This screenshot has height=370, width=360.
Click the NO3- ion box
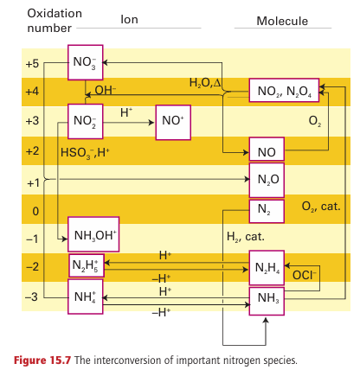tap(86, 62)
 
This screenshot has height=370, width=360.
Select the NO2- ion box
tap(86, 121)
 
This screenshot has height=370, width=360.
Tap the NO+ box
tap(173, 122)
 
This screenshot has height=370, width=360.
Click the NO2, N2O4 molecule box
tap(284, 90)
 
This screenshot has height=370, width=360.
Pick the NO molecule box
tap(267, 149)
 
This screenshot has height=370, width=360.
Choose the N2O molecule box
tap(267, 180)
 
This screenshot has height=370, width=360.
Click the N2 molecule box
tap(267, 211)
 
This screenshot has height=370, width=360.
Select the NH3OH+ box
tap(93, 234)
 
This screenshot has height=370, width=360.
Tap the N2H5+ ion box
tap(87, 265)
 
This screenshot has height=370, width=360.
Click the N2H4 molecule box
tap(267, 268)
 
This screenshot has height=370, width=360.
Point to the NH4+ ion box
tap(86, 297)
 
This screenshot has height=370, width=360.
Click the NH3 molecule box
tap(267, 301)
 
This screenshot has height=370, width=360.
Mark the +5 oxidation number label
tap(32, 63)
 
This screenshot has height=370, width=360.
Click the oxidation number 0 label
tap(35, 211)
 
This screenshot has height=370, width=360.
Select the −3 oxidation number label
tap(32, 297)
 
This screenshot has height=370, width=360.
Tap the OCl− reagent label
tap(305, 275)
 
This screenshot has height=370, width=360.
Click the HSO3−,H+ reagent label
tap(85, 152)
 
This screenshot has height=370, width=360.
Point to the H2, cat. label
tap(246, 237)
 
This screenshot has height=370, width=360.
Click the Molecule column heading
tap(282, 21)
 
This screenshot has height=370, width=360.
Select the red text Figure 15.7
tap(42, 360)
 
